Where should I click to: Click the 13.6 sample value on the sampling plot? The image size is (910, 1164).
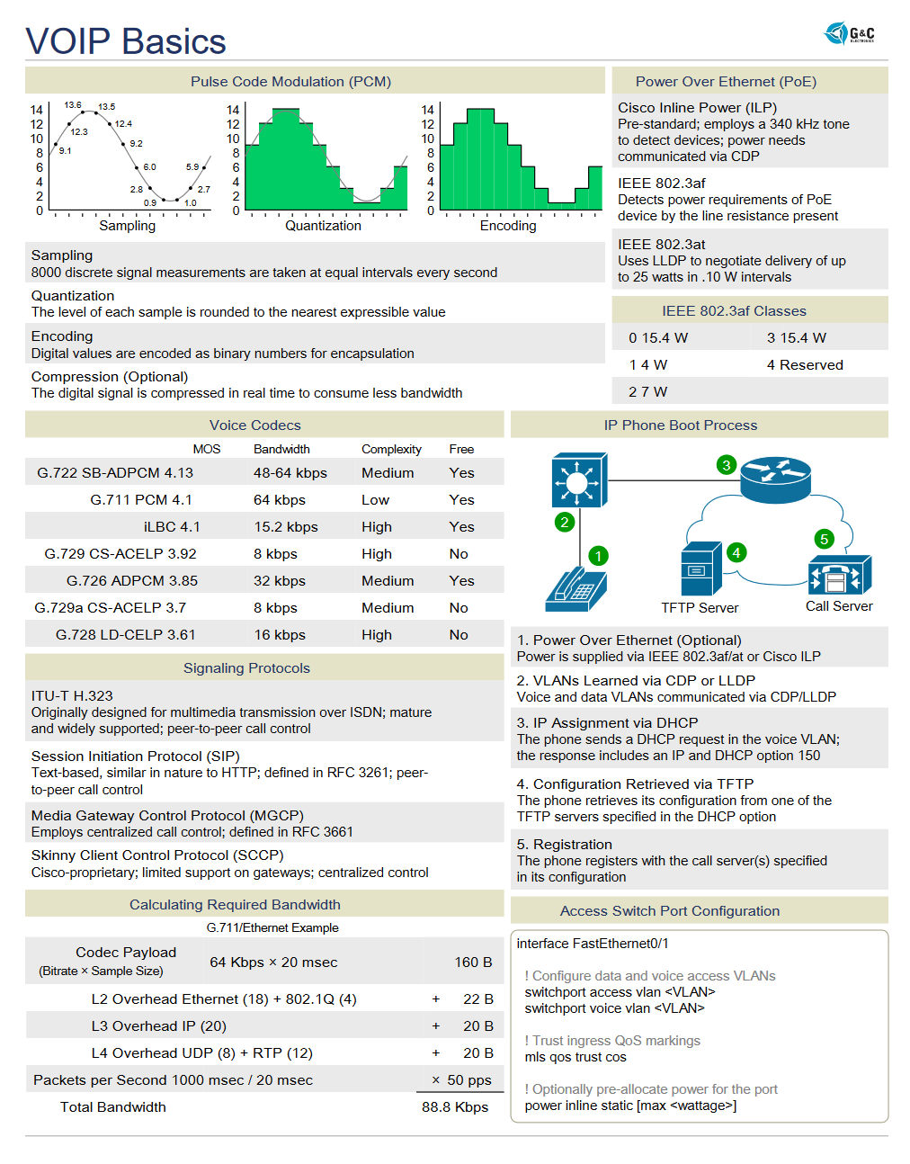pyautogui.click(x=73, y=105)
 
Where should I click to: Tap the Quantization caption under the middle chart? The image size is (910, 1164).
pyautogui.click(x=323, y=226)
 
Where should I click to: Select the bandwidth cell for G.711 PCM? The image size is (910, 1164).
pyautogui.click(x=279, y=500)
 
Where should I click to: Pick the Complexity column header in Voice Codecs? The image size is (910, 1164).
pyautogui.click(x=391, y=450)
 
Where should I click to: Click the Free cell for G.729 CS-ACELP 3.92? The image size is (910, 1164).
pyautogui.click(x=459, y=554)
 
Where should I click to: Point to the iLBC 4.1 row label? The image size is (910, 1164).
pyautogui.click(x=172, y=527)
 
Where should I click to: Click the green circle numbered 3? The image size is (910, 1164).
pyautogui.click(x=726, y=465)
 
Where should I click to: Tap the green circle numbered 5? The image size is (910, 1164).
pyautogui.click(x=824, y=539)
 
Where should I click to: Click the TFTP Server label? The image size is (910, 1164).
pyautogui.click(x=700, y=608)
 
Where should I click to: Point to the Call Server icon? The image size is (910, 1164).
pyautogui.click(x=840, y=575)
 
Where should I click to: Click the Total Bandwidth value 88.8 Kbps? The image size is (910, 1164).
pyautogui.click(x=455, y=1107)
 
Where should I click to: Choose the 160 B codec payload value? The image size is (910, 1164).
pyautogui.click(x=473, y=963)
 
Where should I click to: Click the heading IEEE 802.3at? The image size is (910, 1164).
pyautogui.click(x=661, y=245)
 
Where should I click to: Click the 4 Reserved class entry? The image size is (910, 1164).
pyautogui.click(x=805, y=365)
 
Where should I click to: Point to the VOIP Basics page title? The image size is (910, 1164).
pyautogui.click(x=126, y=41)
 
